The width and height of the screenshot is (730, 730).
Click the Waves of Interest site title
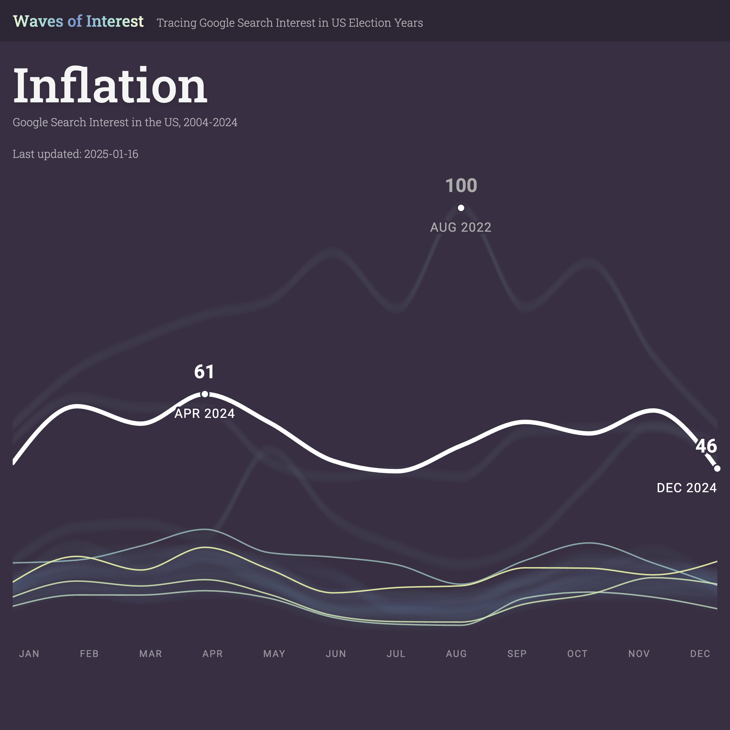[x=78, y=21]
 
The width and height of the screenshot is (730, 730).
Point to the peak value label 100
[x=461, y=185]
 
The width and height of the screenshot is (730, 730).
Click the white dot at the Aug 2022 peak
[x=461, y=208]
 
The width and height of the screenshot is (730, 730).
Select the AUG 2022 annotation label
[x=461, y=227]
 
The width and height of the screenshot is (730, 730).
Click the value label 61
[x=204, y=372]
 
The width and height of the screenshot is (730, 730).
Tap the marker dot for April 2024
[x=204, y=394]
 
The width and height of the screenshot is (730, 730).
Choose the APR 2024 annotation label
[x=204, y=414]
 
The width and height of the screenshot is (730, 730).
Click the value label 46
[x=706, y=446]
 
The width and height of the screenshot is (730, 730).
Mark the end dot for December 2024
[x=717, y=468]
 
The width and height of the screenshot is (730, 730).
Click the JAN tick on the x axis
[x=29, y=654]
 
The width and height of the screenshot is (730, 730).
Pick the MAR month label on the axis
[x=150, y=654]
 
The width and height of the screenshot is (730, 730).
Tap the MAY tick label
[x=274, y=654]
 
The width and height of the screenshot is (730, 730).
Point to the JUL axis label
[x=396, y=654]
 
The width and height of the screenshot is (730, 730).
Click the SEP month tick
[x=517, y=654]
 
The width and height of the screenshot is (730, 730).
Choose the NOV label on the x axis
[x=639, y=654]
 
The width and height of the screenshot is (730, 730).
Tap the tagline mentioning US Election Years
[x=290, y=23]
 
